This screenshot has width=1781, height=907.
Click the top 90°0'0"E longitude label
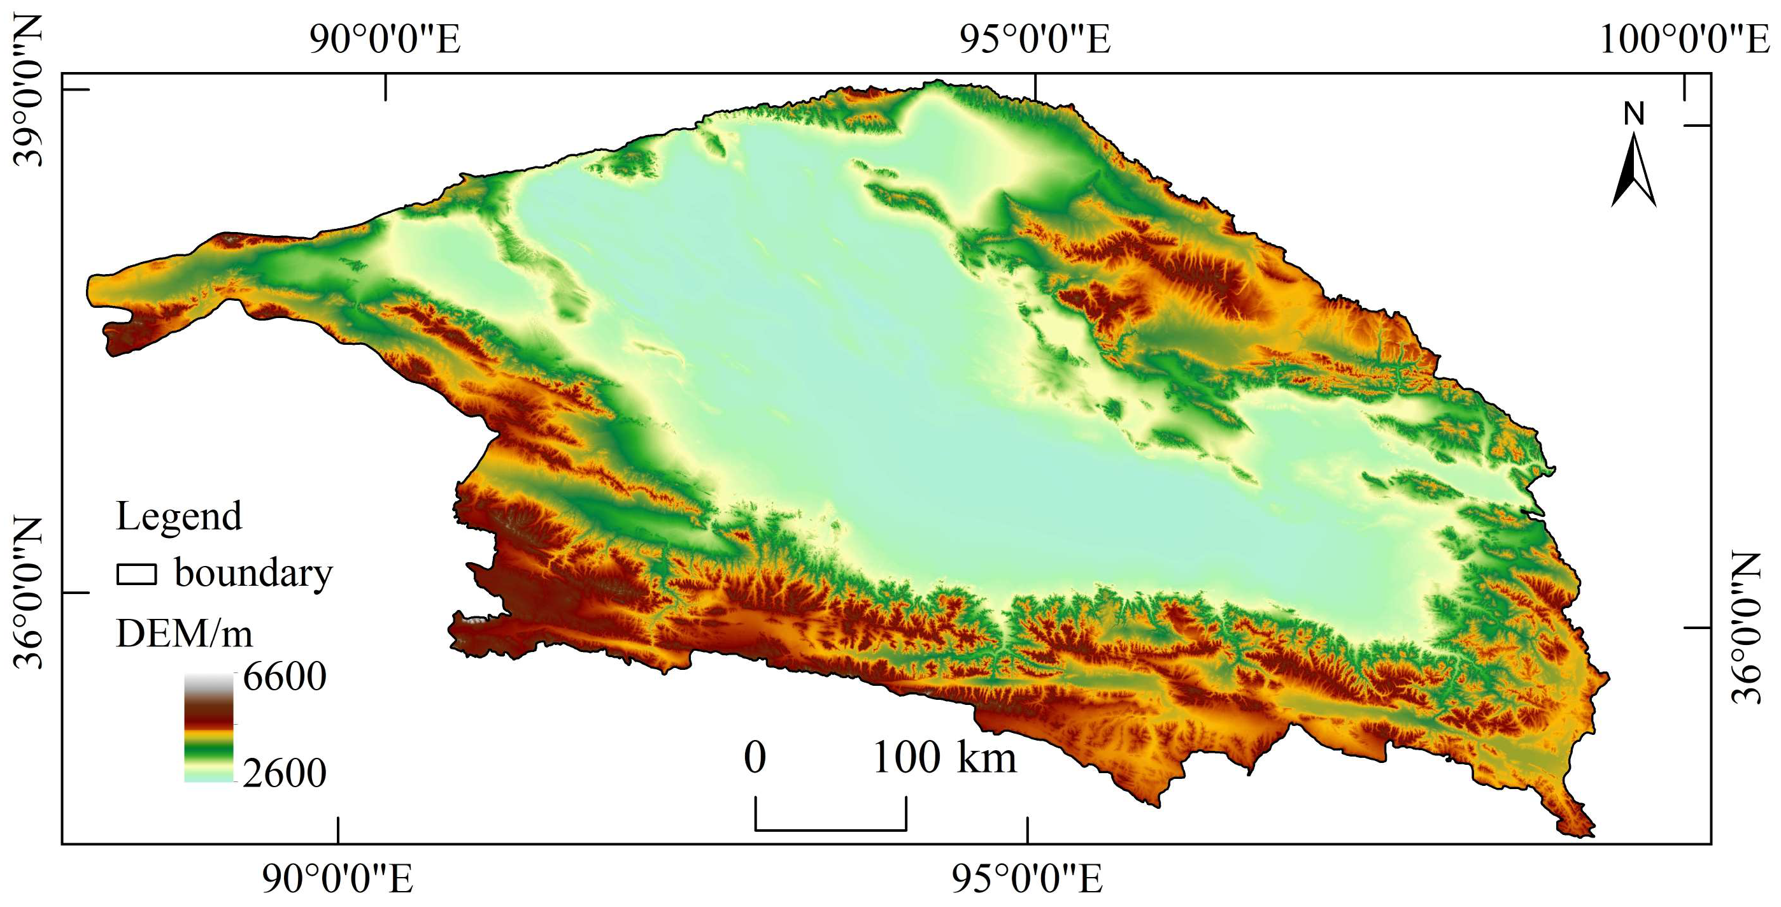(x=385, y=40)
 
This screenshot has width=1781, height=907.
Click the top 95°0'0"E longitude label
(x=1035, y=40)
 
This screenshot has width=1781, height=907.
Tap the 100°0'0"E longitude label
(x=1684, y=40)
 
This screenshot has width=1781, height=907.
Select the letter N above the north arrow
(x=1635, y=114)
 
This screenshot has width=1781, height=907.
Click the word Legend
(x=179, y=516)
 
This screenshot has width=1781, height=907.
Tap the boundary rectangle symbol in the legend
(x=137, y=574)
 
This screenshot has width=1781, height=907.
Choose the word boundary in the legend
(x=253, y=574)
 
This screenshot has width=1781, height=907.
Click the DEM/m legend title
(x=184, y=634)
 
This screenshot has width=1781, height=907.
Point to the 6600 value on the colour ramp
(x=284, y=677)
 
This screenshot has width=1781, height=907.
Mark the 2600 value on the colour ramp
(x=284, y=773)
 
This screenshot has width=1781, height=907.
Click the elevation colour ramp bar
(x=209, y=728)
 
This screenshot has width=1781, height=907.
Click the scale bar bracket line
(x=830, y=829)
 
